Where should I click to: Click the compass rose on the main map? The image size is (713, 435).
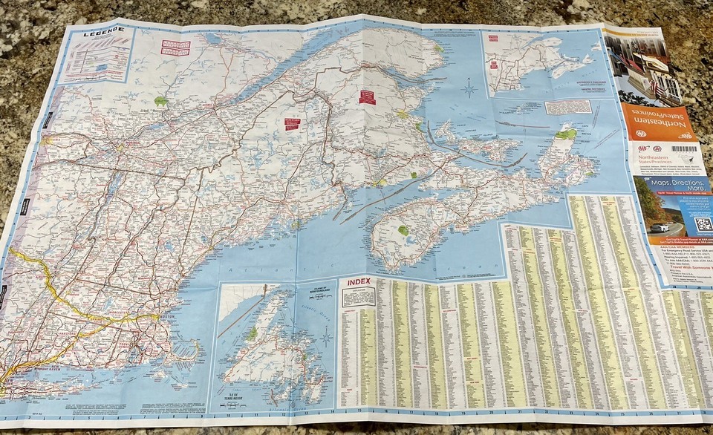click(x=469, y=88)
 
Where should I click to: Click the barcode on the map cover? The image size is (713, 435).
click(x=683, y=148)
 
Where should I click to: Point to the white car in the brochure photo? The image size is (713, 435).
click(x=660, y=228)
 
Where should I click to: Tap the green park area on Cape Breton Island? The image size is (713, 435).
click(x=566, y=134)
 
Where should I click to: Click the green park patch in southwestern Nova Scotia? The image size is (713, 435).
click(x=403, y=230)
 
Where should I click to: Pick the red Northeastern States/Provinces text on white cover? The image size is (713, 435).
click(x=662, y=160)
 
